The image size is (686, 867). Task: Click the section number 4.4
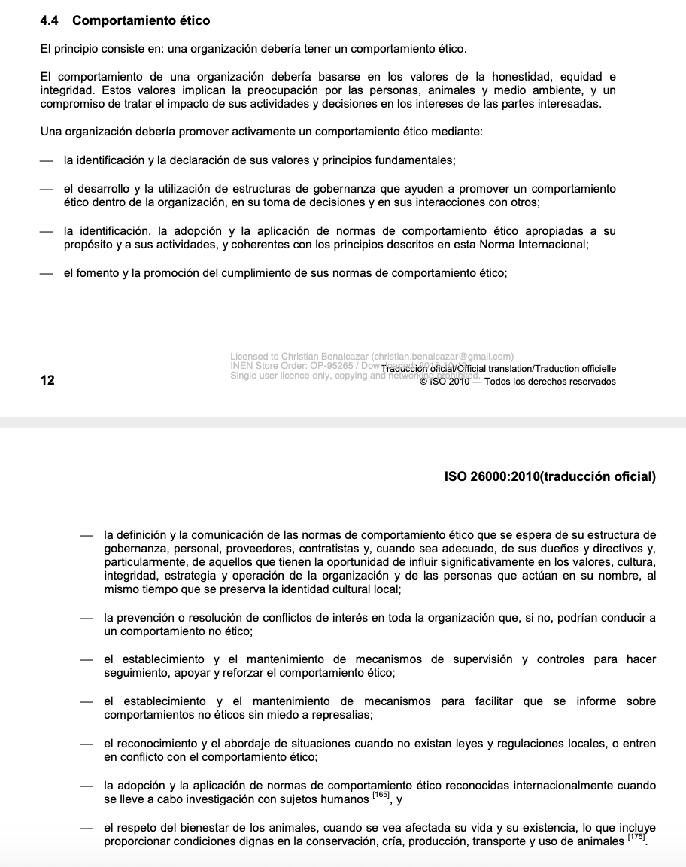50,21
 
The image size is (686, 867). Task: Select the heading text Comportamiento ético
141,21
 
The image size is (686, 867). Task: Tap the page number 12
47,381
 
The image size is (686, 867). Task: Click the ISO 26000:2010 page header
550,476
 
